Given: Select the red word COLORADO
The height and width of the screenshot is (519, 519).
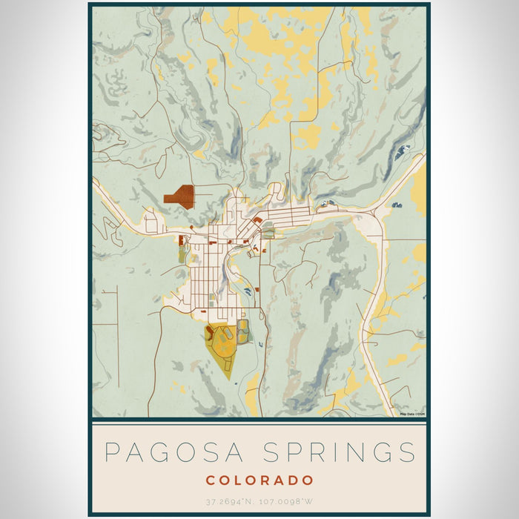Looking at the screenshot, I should coord(259,480).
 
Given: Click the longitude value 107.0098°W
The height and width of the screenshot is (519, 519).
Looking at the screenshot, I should coord(291,502).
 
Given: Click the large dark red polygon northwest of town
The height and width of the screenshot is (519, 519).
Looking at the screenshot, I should coord(181,196).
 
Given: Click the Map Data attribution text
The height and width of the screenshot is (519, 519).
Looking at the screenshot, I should coord(411,414).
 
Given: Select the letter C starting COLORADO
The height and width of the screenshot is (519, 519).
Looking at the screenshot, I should coord(210,480).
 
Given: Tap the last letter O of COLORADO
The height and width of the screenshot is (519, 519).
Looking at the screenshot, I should coord(308,480).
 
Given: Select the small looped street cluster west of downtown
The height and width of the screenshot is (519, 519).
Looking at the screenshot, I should coord(151,222).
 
